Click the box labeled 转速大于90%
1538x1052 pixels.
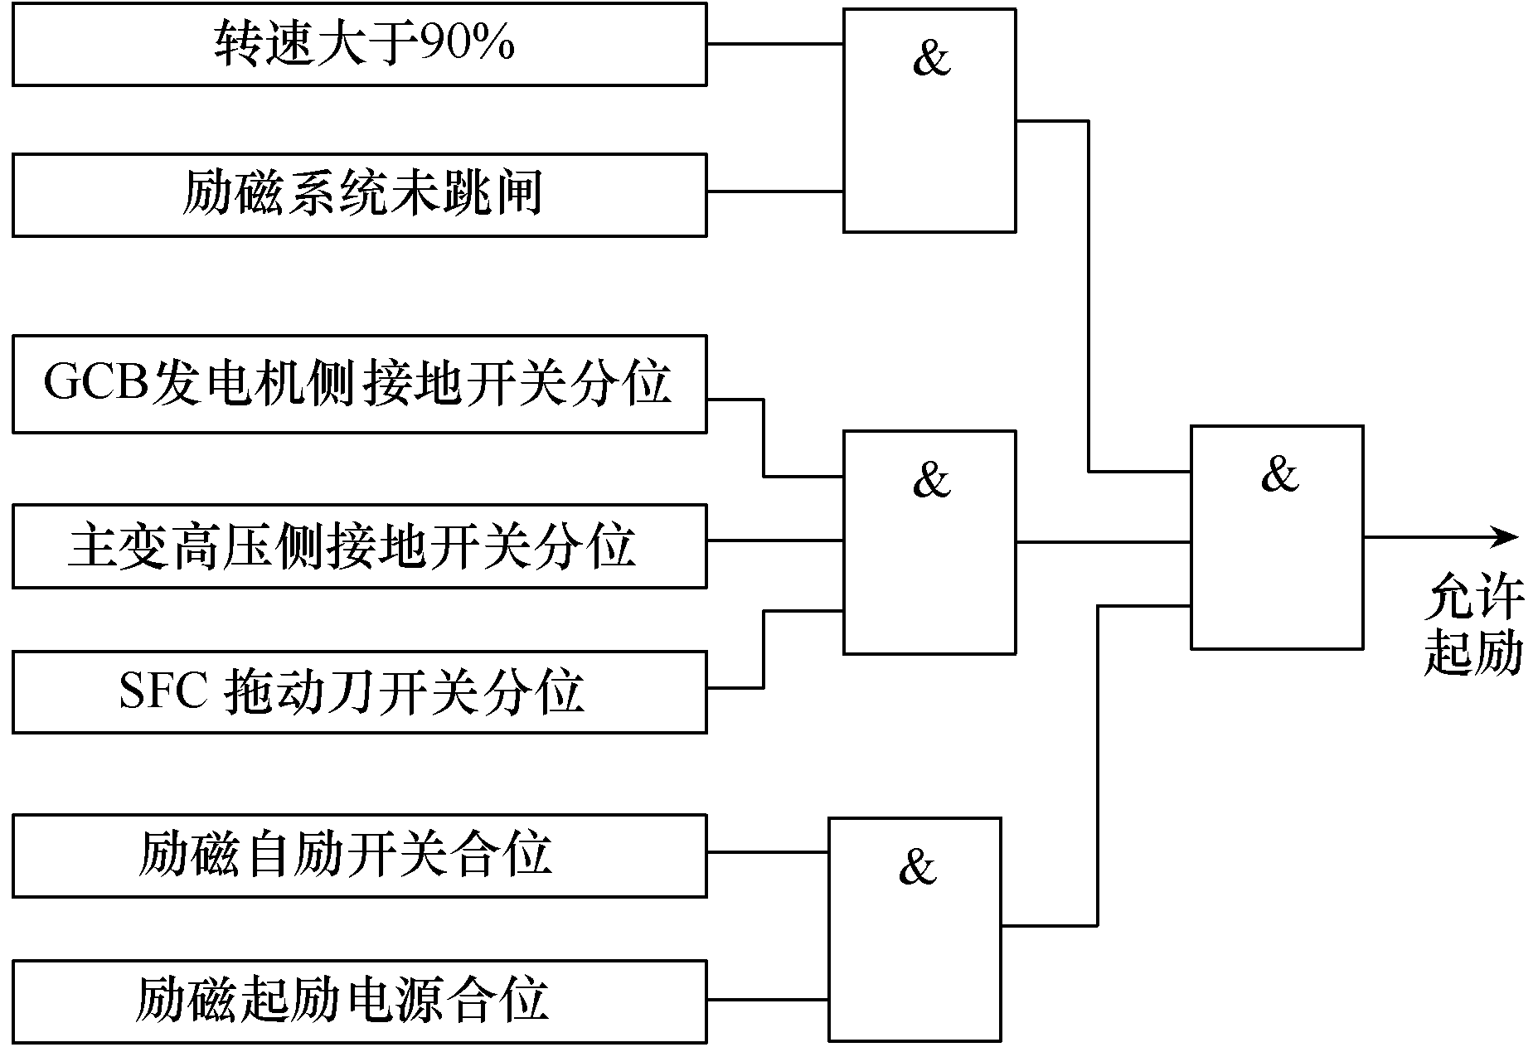click(x=360, y=44)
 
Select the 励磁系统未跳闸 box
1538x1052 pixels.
click(x=360, y=195)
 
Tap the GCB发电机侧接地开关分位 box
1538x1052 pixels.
click(x=360, y=384)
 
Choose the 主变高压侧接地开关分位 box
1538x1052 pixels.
click(x=360, y=546)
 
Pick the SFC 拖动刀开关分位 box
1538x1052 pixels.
click(x=360, y=692)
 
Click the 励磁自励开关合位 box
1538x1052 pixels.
click(x=360, y=856)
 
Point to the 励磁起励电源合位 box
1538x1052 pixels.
click(x=360, y=1001)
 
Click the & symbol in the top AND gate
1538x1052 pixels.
click(x=931, y=58)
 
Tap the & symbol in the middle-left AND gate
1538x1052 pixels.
click(x=931, y=479)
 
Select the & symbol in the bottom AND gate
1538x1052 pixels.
click(x=917, y=866)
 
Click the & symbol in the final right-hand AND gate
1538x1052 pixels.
click(x=1278, y=474)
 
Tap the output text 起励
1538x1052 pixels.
click(x=1474, y=653)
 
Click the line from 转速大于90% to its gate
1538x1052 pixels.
click(x=775, y=43)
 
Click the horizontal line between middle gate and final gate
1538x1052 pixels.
click(x=1104, y=543)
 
